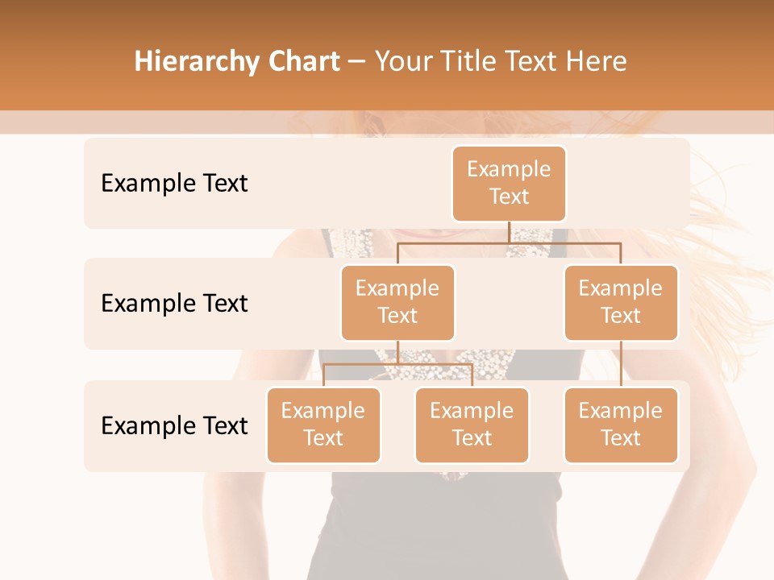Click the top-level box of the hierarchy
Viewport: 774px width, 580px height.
click(509, 183)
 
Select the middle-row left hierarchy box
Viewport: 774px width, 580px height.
click(397, 302)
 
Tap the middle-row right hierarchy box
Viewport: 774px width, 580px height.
click(621, 302)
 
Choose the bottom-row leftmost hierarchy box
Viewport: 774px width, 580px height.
click(323, 425)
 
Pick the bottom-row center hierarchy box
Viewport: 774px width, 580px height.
click(472, 425)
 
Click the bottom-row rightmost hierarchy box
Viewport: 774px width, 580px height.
click(621, 425)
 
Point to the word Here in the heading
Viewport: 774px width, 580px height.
click(597, 61)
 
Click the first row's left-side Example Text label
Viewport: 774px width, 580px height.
click(174, 184)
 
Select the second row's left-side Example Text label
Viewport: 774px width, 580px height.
click(174, 303)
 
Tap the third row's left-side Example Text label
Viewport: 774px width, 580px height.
click(174, 425)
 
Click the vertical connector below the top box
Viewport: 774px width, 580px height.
click(509, 231)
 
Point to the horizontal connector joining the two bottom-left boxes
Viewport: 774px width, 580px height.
click(397, 364)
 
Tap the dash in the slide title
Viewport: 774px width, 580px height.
click(357, 62)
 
